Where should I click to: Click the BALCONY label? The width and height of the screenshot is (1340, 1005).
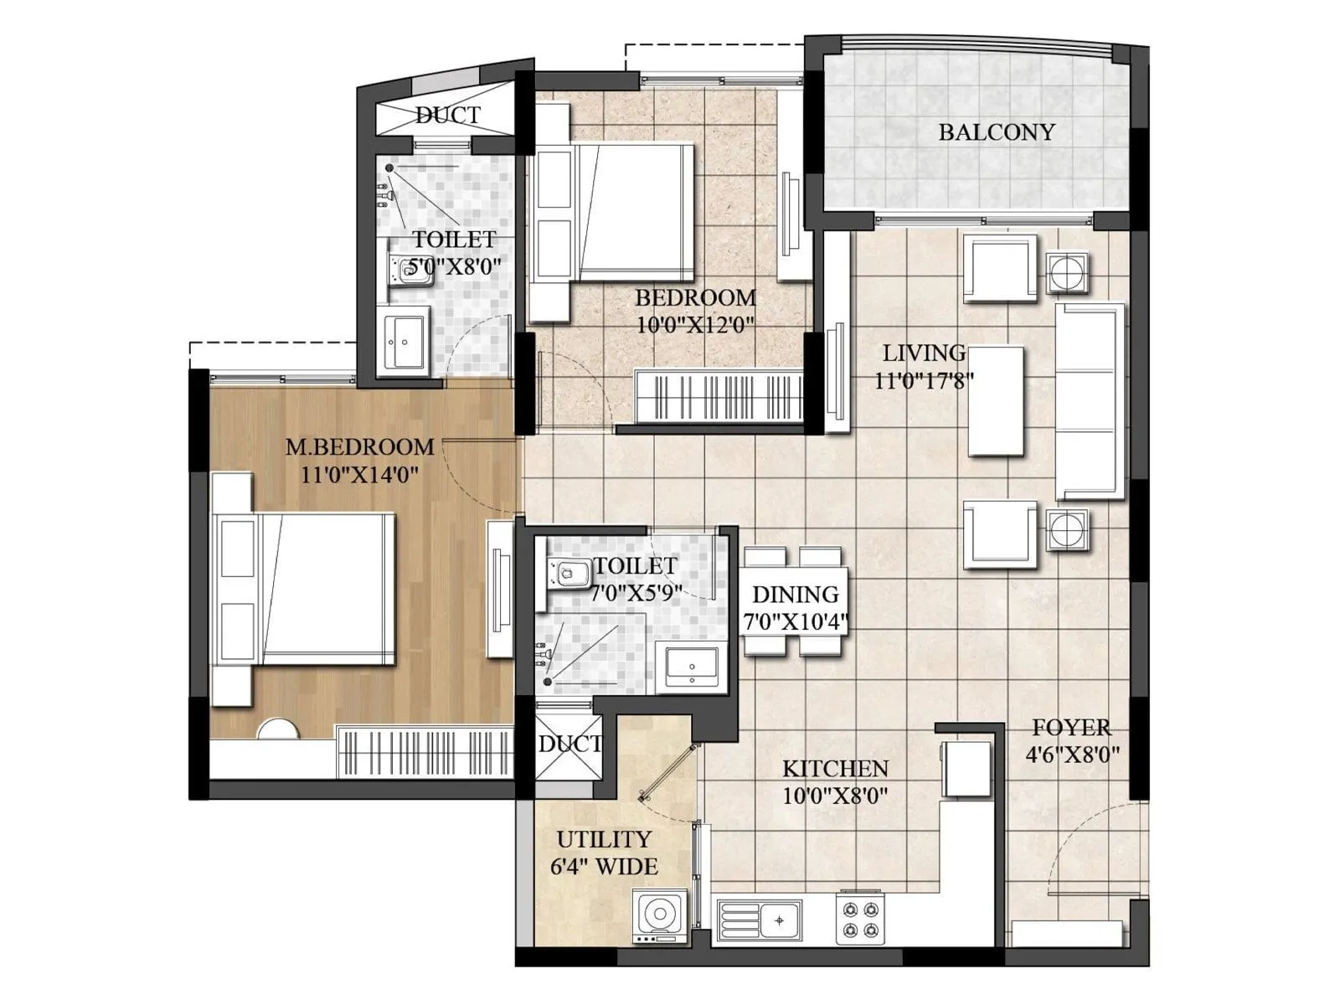point(996,132)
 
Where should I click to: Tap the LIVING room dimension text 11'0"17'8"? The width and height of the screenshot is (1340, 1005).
point(924,381)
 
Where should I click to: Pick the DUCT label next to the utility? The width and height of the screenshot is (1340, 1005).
point(569,744)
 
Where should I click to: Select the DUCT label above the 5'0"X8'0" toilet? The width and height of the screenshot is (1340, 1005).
point(448,115)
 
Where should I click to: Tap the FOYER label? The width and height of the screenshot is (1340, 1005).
point(1071,727)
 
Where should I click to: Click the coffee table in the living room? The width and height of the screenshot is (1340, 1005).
point(996,401)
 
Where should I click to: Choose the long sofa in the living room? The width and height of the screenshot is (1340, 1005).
point(1089,402)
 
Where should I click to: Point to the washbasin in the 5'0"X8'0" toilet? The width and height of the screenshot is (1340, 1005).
point(405,339)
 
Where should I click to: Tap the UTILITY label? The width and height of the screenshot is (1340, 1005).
point(603,839)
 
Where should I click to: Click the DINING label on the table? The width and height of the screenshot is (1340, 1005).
point(795,595)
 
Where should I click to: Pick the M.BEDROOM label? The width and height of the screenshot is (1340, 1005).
point(359,447)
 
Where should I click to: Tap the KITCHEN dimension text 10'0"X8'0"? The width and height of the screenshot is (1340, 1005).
point(835,795)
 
